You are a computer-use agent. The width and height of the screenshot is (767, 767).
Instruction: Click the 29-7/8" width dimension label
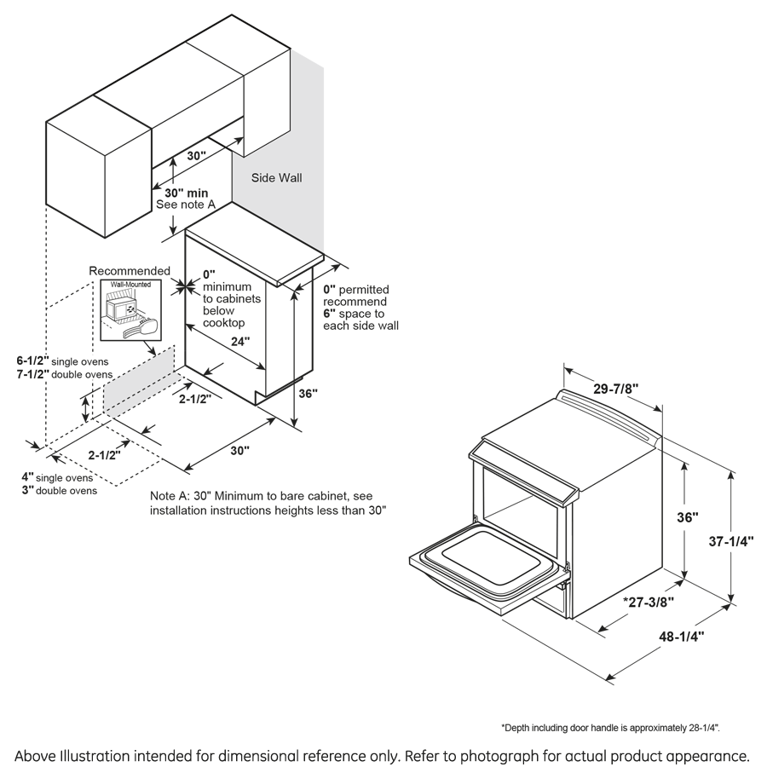[614, 389]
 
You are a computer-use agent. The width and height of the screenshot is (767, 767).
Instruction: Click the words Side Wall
[276, 179]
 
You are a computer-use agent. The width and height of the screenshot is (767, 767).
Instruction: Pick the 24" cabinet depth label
[241, 342]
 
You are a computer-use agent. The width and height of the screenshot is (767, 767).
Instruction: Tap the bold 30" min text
[182, 193]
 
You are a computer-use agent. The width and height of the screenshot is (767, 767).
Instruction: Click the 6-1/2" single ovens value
[34, 360]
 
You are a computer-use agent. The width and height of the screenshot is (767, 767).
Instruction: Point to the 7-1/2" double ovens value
[34, 374]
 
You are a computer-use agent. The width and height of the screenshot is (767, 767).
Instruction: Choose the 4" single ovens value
[28, 476]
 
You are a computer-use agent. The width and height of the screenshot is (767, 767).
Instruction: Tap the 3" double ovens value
[28, 490]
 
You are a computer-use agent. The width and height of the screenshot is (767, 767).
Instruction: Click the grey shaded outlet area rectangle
[139, 380]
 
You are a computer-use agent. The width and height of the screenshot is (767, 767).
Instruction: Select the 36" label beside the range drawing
[689, 517]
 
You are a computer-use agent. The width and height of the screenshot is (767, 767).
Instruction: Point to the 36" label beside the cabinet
[308, 394]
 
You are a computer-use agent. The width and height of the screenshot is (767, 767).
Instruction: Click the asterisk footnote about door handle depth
[610, 728]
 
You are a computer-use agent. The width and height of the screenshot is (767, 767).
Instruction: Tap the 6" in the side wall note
[328, 314]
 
